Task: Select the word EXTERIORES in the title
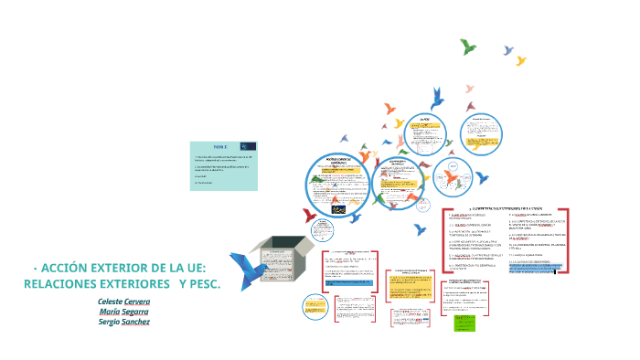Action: point(128,259)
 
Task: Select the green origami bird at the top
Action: point(470,45)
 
